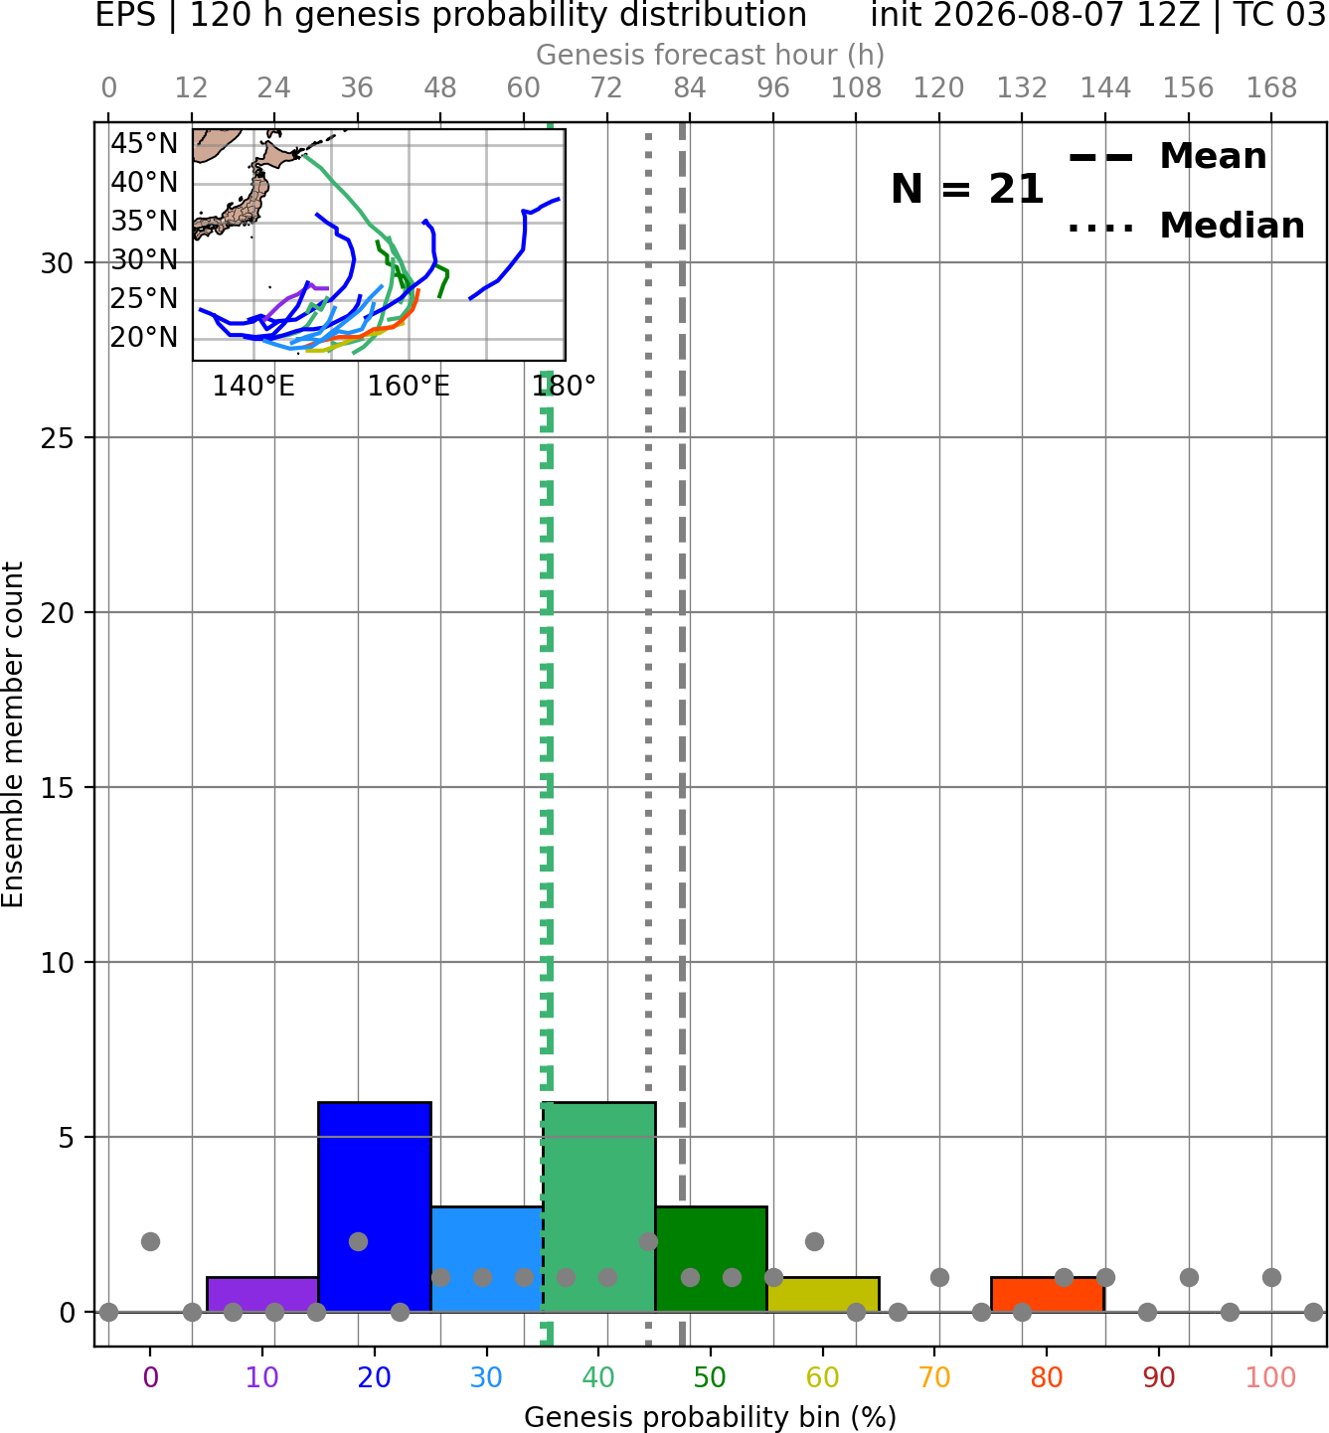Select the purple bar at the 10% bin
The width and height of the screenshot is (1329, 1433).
click(x=262, y=1295)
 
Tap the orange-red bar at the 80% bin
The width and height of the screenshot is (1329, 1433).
click(x=1048, y=1295)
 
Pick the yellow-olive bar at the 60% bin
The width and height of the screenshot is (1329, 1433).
click(x=823, y=1295)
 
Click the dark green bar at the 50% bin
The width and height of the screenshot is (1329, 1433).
click(x=711, y=1259)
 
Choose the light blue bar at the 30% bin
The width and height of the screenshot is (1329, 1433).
click(x=486, y=1259)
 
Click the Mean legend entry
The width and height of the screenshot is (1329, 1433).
click(x=1167, y=157)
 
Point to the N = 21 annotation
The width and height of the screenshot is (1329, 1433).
click(x=967, y=189)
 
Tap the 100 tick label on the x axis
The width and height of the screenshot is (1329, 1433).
click(x=1271, y=1377)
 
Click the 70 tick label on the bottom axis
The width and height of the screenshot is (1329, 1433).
click(x=934, y=1377)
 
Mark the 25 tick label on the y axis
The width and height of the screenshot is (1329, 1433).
click(x=58, y=438)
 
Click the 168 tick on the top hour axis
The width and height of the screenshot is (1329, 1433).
click(x=1271, y=88)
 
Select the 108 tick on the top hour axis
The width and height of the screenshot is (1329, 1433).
click(x=856, y=88)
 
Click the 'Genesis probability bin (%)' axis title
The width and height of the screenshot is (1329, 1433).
click(x=711, y=1417)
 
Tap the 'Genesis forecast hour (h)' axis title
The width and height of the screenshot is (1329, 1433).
click(x=711, y=55)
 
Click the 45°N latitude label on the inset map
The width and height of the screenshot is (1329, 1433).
click(x=144, y=143)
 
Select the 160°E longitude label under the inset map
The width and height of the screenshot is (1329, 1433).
click(x=409, y=387)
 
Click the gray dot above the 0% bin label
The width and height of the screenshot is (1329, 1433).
click(x=150, y=1242)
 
